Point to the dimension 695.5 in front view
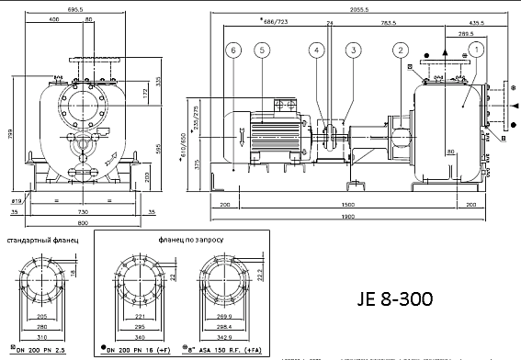point(78,6)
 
